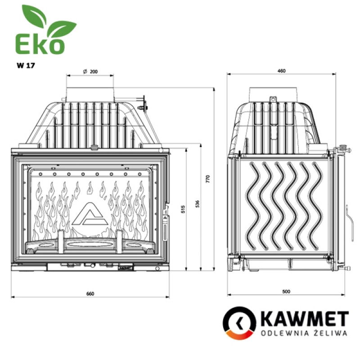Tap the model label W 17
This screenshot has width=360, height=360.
pyautogui.click(x=26, y=65)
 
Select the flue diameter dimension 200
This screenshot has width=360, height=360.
pyautogui.click(x=94, y=72)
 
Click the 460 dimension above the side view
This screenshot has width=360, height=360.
pyautogui.click(x=282, y=71)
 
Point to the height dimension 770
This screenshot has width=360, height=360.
pyautogui.click(x=208, y=178)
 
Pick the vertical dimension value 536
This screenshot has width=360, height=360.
pyautogui.click(x=197, y=204)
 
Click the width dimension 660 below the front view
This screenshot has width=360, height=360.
pyautogui.click(x=90, y=293)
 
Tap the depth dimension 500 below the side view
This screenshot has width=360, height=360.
pyautogui.click(x=286, y=291)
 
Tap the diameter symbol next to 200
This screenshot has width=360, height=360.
pyautogui.click(x=85, y=72)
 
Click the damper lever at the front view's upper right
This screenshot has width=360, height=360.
pyautogui.click(x=143, y=104)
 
